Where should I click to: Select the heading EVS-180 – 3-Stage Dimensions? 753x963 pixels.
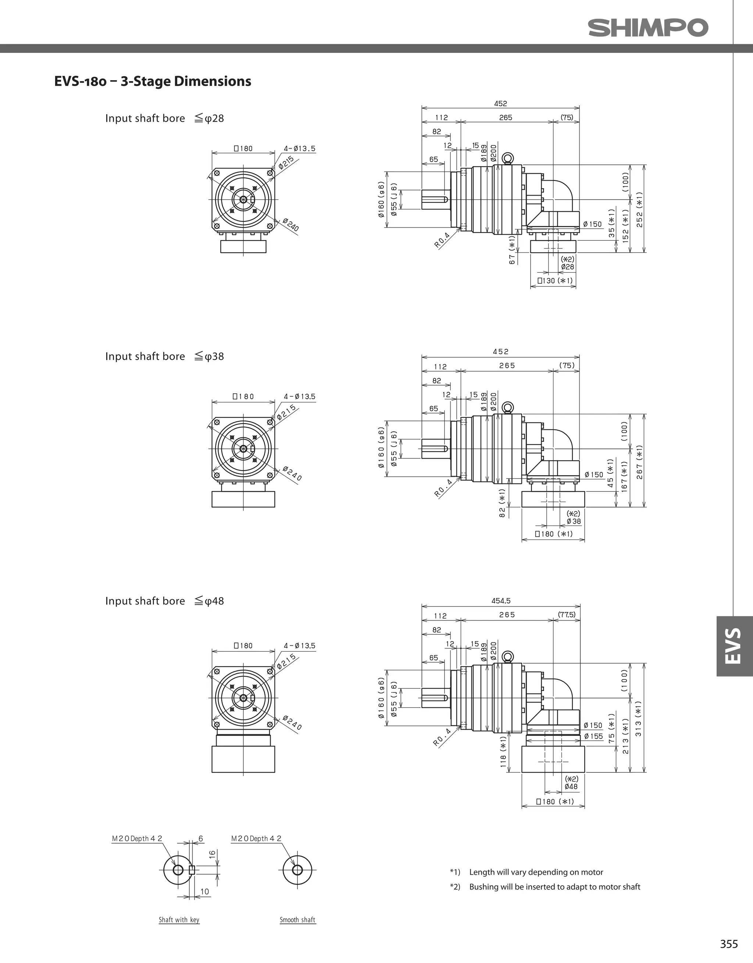pyautogui.click(x=153, y=81)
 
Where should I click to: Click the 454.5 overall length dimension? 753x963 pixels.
pyautogui.click(x=501, y=601)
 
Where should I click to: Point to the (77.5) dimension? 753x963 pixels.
pyautogui.click(x=566, y=614)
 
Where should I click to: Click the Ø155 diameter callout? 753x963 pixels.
pyautogui.click(x=593, y=736)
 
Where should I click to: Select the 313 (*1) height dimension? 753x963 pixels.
pyautogui.click(x=639, y=718)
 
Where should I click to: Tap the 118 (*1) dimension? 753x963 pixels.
pyautogui.click(x=503, y=752)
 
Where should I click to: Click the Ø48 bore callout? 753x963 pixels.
pyautogui.click(x=571, y=786)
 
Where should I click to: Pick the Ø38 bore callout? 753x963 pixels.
pyautogui.click(x=574, y=521)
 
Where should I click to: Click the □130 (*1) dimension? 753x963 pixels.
pyautogui.click(x=554, y=280)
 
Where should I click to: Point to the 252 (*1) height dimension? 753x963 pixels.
pyautogui.click(x=639, y=210)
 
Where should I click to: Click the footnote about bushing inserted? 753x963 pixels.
pyautogui.click(x=554, y=887)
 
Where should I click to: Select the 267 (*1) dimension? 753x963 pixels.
pyautogui.click(x=639, y=462)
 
